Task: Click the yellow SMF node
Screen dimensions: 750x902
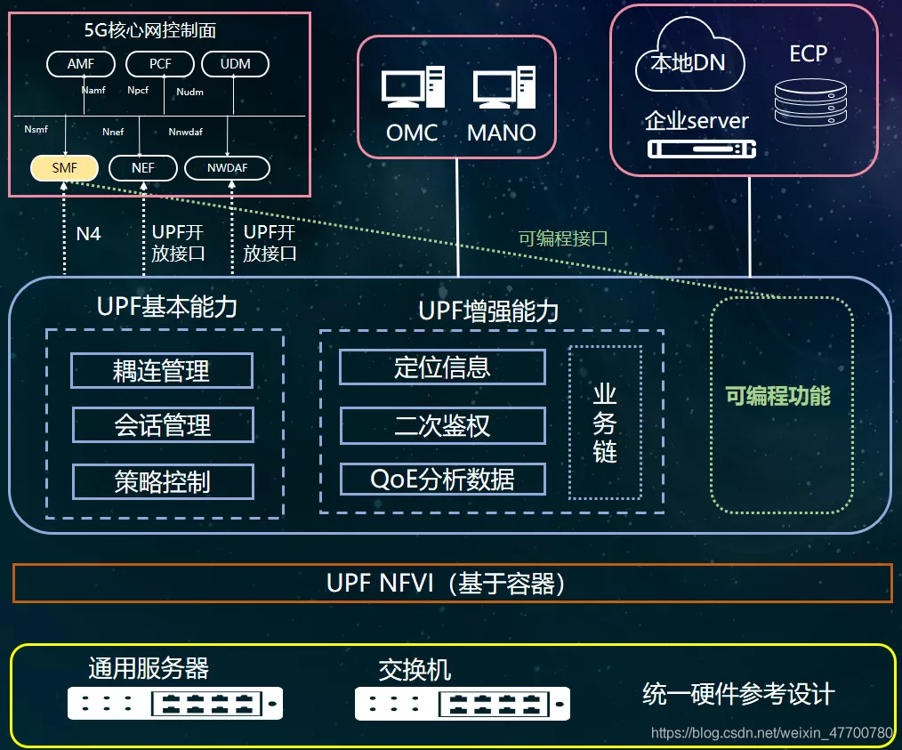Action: pyautogui.click(x=64, y=167)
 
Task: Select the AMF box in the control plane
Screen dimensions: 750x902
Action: pyautogui.click(x=80, y=64)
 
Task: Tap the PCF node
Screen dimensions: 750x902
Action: pyautogui.click(x=160, y=64)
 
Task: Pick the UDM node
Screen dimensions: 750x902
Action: pyautogui.click(x=236, y=64)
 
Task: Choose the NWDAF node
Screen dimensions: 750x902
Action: pyautogui.click(x=227, y=167)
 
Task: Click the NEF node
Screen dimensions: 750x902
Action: pyautogui.click(x=142, y=167)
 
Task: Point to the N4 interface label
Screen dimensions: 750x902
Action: pyautogui.click(x=88, y=234)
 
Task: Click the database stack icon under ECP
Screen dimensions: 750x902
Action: pyautogui.click(x=808, y=101)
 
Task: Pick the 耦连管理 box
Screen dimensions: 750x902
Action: pyautogui.click(x=162, y=370)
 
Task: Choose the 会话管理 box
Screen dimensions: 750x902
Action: pyautogui.click(x=163, y=425)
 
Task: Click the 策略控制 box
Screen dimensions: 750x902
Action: pyautogui.click(x=163, y=481)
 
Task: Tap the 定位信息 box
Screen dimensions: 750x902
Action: pyautogui.click(x=442, y=367)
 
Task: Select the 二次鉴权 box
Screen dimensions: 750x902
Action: pyautogui.click(x=442, y=425)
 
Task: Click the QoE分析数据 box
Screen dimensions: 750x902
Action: pyautogui.click(x=442, y=480)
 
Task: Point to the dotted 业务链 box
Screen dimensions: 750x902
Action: pyautogui.click(x=605, y=423)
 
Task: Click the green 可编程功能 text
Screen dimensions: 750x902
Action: pyautogui.click(x=778, y=396)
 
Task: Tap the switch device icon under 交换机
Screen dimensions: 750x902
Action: pyautogui.click(x=462, y=704)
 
